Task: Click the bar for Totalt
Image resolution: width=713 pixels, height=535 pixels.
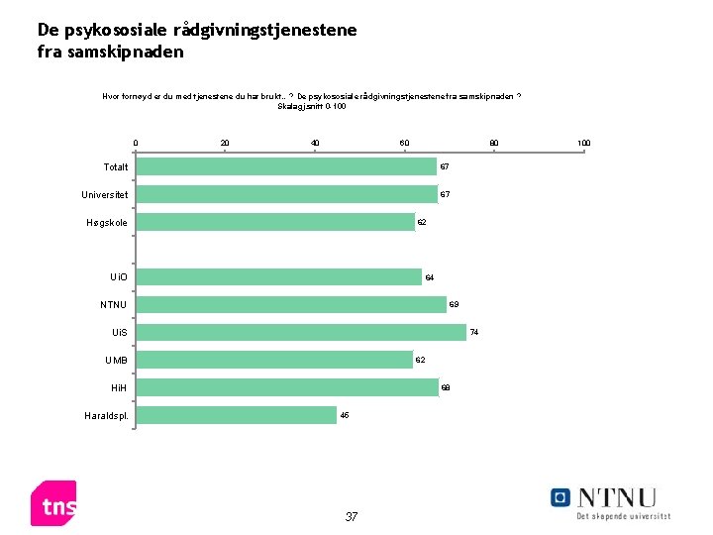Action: [x=286, y=166]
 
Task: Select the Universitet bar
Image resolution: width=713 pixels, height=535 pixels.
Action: [x=286, y=194]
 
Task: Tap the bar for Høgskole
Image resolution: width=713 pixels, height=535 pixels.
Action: [x=275, y=222]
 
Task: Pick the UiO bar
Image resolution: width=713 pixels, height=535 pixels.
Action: [x=279, y=276]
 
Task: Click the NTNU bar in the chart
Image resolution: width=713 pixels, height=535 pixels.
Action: [x=291, y=304]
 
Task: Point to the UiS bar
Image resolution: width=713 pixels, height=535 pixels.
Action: [x=301, y=332]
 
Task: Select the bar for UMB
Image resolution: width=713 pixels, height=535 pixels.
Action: [x=274, y=360]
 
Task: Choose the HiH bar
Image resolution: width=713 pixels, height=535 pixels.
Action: [x=287, y=387]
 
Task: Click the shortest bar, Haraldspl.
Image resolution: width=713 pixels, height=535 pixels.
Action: [x=237, y=415]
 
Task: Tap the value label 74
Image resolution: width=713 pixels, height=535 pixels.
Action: [x=474, y=332]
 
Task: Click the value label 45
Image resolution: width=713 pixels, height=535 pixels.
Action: [x=345, y=415]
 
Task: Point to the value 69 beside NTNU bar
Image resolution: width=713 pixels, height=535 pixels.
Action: [x=454, y=304]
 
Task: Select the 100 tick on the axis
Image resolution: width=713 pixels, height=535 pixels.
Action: [x=583, y=144]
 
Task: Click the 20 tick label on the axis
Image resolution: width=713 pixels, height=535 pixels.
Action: [x=225, y=144]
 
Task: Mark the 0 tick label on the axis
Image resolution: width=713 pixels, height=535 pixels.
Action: [x=136, y=144]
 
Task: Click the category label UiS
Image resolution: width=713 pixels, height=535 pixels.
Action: [x=119, y=332]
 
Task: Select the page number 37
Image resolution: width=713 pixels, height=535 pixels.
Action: [x=352, y=516]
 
